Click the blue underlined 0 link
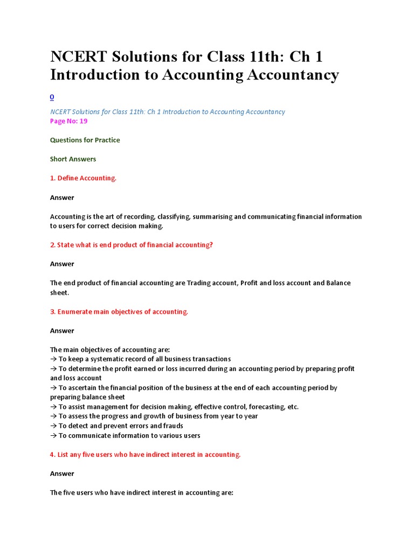pos(52,97)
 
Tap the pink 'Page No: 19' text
pos(68,121)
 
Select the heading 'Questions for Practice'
pos(85,140)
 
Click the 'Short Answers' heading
pos(73,159)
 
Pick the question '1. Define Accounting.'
pos(83,178)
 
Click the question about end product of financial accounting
pos(132,245)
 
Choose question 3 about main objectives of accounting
pos(119,312)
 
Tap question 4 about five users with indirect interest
pos(145,455)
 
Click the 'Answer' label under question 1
pos(62,198)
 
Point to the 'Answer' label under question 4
pos(62,474)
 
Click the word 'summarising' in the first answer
pos(212,217)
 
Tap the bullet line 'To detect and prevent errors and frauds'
pos(116,426)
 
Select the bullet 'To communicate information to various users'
pos(125,436)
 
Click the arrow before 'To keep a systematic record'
pos(53,359)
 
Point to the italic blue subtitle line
pos(167,112)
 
